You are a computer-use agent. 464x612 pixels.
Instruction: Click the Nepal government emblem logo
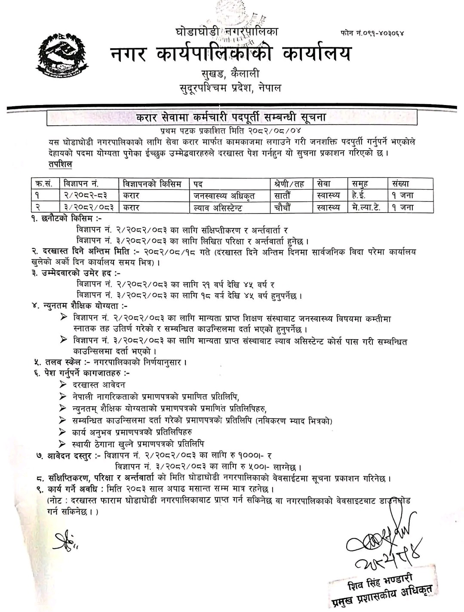coord(60,55)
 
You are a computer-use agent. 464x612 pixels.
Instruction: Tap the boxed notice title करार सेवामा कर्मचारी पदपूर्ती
coord(231,117)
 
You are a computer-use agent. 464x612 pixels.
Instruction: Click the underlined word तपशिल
coord(60,165)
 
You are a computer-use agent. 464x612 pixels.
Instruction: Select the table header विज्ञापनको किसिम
coord(152,184)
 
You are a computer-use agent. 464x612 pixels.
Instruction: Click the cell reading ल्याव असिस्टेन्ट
coord(218,207)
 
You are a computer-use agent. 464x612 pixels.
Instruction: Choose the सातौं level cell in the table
coord(282,195)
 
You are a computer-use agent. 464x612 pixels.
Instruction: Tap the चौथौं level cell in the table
coord(282,207)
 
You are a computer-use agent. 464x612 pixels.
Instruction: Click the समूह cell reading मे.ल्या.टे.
coord(366,207)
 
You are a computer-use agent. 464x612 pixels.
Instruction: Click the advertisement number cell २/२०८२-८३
coord(85,195)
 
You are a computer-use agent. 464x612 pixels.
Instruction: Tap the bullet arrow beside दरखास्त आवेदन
coord(64,385)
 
